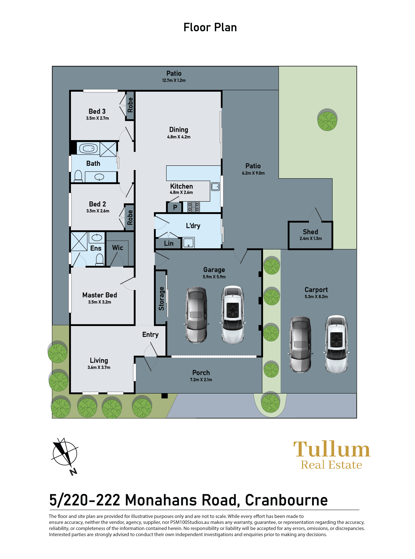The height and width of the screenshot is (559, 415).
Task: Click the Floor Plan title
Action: coord(210,27)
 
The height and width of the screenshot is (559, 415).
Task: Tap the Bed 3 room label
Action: coord(97,111)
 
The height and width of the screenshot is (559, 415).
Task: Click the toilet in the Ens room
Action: coord(100,259)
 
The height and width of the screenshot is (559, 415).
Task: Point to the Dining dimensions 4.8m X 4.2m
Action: coord(179,137)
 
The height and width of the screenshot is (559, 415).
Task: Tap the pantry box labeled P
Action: coord(175,207)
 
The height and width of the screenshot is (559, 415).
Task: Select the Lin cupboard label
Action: coord(169,243)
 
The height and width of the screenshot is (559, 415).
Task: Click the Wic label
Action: coord(117,248)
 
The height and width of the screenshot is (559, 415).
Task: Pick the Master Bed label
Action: coord(100,295)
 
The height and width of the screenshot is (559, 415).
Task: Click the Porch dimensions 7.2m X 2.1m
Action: coord(201,380)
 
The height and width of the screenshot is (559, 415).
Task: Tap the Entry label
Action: coord(150,335)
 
